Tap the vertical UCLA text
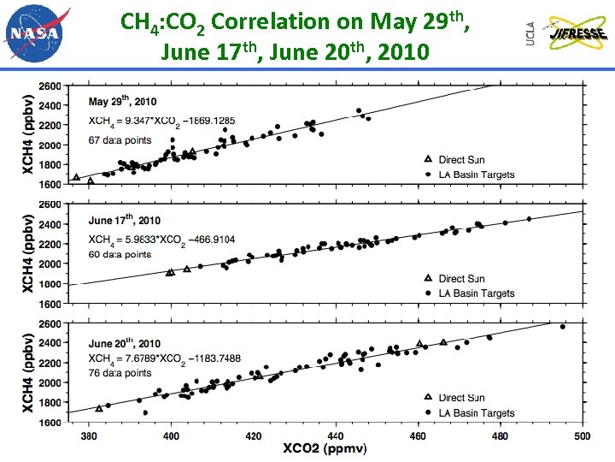[530, 33]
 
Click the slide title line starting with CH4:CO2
[295, 21]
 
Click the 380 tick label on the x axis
[88, 436]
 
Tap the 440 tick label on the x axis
[335, 436]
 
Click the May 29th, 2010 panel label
[124, 102]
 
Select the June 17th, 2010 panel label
[125, 221]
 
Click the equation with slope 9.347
[162, 121]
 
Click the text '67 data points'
[120, 140]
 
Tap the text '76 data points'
[120, 373]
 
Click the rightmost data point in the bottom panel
[562, 327]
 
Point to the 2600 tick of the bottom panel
[50, 324]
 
